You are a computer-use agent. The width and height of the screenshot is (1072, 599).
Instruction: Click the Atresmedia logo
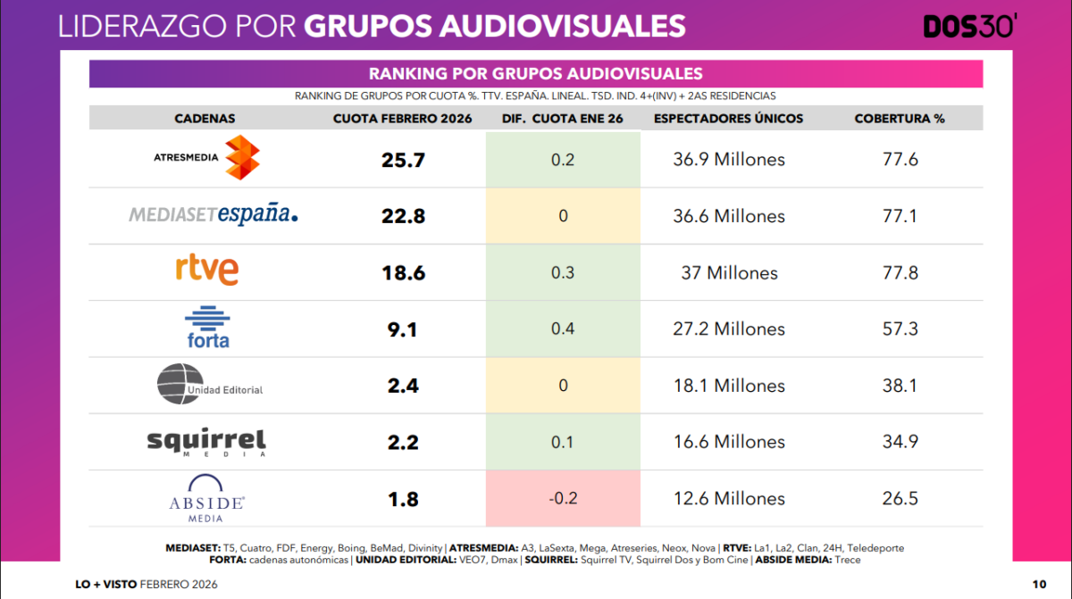point(206,159)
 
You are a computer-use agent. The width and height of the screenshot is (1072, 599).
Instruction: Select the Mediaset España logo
point(214,214)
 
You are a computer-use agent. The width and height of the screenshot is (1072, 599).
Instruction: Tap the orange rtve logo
point(206,270)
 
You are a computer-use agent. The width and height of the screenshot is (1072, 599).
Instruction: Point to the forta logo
point(206,328)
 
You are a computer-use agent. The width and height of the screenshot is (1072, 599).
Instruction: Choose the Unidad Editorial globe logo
point(210,385)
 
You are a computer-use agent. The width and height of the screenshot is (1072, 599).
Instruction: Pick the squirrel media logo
point(206,441)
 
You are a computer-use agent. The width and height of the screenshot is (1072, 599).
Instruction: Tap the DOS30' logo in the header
point(969,27)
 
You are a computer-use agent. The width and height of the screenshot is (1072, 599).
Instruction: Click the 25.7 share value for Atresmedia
point(404,160)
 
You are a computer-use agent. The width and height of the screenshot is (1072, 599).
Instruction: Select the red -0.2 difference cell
point(563,498)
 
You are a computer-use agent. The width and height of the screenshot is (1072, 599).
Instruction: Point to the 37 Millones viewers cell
point(729,272)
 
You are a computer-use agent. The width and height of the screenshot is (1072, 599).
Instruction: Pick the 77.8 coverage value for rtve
point(900,272)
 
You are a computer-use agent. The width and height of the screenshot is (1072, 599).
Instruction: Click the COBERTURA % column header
point(900,119)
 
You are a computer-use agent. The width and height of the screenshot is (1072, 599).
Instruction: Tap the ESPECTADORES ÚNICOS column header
point(729,119)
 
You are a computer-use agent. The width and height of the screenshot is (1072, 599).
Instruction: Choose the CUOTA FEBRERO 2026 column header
point(403,119)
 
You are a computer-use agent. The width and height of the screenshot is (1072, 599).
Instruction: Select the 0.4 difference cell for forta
point(563,329)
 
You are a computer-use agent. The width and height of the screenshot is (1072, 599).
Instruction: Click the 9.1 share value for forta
point(404,329)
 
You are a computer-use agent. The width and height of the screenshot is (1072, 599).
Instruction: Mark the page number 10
point(1039,584)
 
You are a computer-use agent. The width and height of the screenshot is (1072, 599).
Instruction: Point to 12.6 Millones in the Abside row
point(729,498)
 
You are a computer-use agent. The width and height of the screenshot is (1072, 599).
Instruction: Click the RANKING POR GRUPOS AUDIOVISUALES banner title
point(536,74)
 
